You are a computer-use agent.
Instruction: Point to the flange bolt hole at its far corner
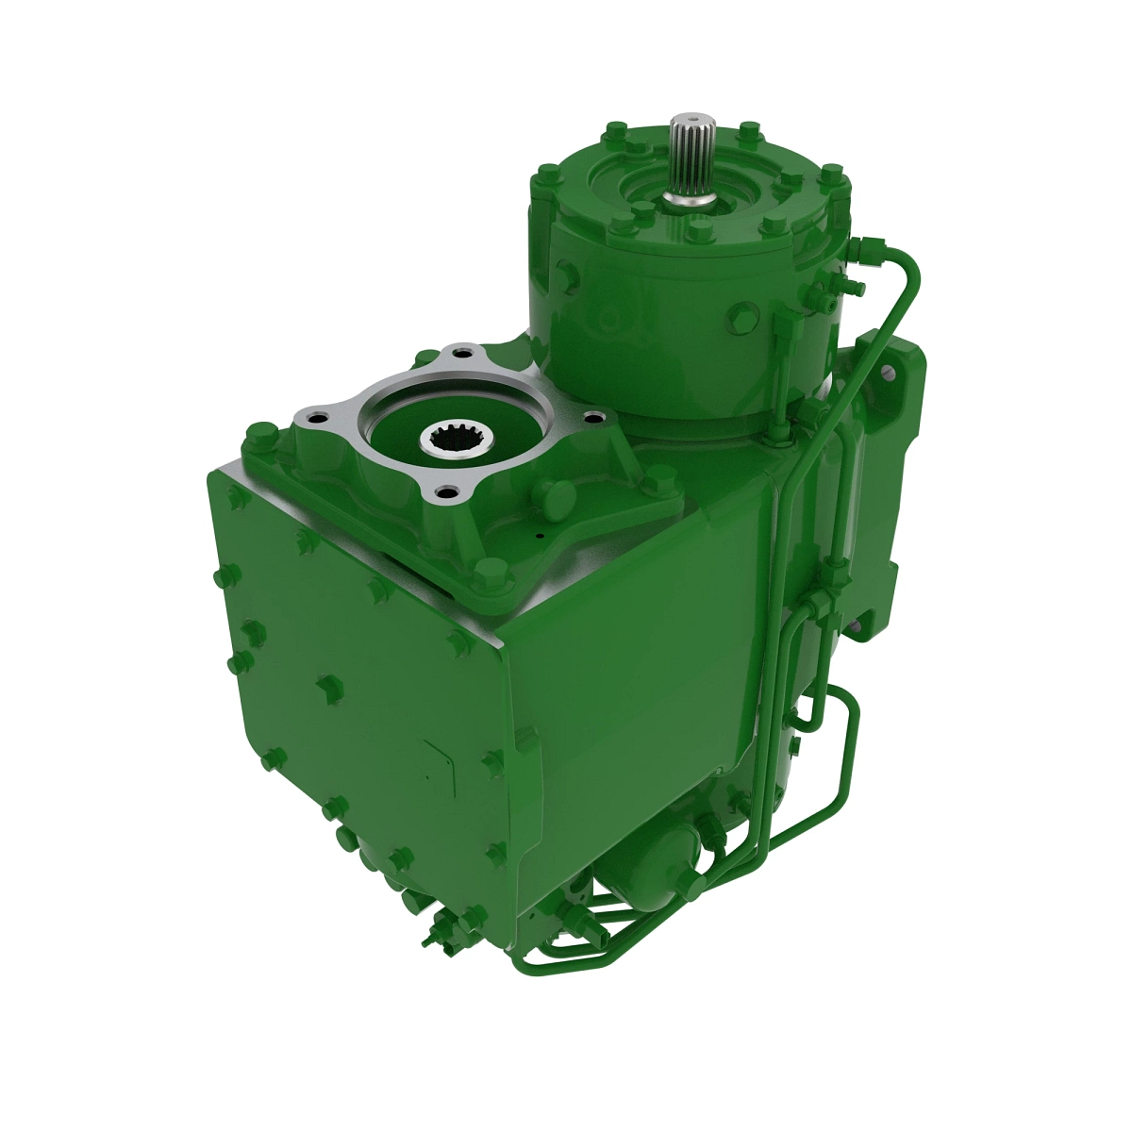[461, 354]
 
